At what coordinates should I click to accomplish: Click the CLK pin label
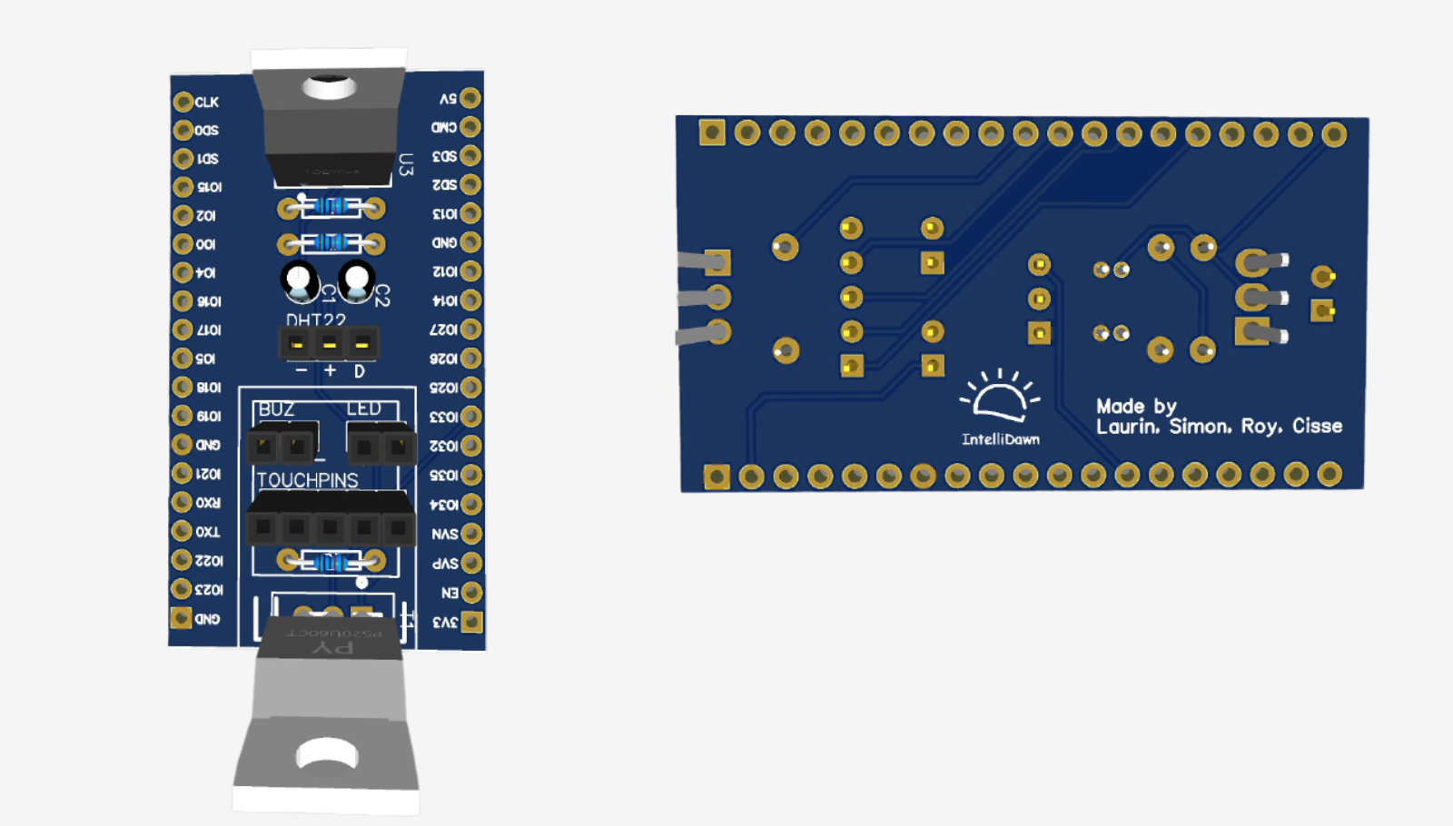click(x=206, y=103)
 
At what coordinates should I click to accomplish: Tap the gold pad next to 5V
click(x=470, y=98)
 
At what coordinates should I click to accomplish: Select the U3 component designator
click(x=406, y=164)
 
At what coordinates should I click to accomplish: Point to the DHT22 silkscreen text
click(x=315, y=320)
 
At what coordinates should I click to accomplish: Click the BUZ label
click(x=276, y=409)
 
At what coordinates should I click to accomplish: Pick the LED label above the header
click(x=363, y=409)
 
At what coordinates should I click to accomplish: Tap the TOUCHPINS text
click(x=307, y=480)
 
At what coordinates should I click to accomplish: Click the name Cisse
click(x=1317, y=426)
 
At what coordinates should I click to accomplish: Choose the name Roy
click(x=1261, y=427)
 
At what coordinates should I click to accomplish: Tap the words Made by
click(x=1136, y=406)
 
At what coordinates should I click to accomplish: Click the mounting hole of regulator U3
click(x=329, y=87)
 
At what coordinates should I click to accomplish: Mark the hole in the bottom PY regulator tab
click(x=327, y=753)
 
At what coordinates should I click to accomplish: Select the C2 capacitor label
click(x=382, y=295)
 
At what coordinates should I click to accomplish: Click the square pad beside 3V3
click(x=471, y=622)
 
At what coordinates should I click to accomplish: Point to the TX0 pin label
click(x=208, y=532)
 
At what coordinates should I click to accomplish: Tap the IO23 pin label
click(x=209, y=590)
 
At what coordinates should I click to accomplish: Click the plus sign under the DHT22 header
click(x=330, y=370)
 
